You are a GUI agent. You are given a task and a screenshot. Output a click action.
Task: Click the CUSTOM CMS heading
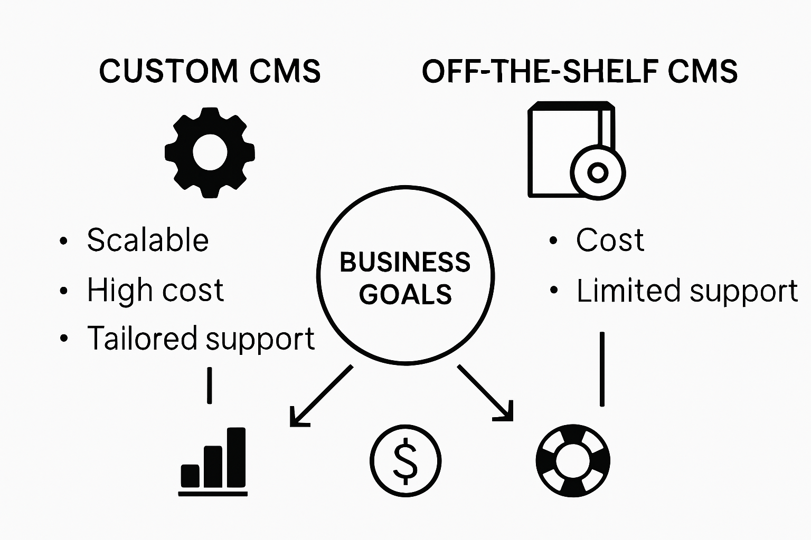pyautogui.click(x=210, y=71)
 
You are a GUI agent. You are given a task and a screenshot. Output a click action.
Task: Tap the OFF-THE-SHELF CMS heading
pyautogui.click(x=579, y=71)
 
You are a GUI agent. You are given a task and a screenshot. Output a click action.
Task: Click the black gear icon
pyautogui.click(x=210, y=152)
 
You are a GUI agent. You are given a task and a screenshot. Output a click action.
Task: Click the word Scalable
pyautogui.click(x=148, y=240)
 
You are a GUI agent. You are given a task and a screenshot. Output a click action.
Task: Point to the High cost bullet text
pyautogui.click(x=155, y=290)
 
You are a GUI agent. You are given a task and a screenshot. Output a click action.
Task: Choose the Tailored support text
pyautogui.click(x=201, y=339)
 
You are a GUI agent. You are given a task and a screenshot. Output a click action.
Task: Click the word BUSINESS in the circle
pyautogui.click(x=405, y=262)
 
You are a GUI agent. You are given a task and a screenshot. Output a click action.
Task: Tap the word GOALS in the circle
pyautogui.click(x=405, y=294)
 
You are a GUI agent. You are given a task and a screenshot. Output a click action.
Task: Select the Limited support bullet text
pyautogui.click(x=686, y=291)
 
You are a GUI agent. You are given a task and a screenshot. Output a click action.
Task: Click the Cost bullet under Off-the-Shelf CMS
pyautogui.click(x=610, y=240)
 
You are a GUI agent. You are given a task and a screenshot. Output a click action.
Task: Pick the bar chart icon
pyautogui.click(x=213, y=461)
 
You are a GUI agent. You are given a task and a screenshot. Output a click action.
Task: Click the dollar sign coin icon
pyautogui.click(x=405, y=460)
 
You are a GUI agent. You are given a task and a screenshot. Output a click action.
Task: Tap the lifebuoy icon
pyautogui.click(x=573, y=460)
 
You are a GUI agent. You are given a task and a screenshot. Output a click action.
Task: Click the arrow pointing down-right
pyautogui.click(x=486, y=393)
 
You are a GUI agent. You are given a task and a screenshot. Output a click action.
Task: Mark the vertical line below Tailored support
pyautogui.click(x=210, y=385)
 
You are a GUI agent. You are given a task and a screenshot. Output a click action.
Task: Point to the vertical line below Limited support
pyautogui.click(x=602, y=369)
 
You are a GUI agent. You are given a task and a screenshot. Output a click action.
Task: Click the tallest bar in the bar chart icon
pyautogui.click(x=236, y=457)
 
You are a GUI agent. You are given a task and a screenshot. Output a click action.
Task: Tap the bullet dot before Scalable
pyautogui.click(x=64, y=241)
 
